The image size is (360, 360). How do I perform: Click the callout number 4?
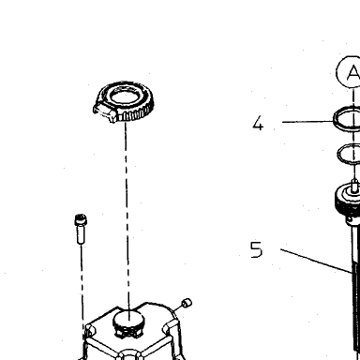(x=258, y=123)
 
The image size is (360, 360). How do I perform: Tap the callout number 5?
(x=256, y=249)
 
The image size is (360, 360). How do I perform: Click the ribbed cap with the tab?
(x=124, y=101)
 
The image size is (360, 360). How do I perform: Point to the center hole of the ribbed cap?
(x=125, y=97)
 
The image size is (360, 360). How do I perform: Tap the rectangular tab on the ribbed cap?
(x=105, y=112)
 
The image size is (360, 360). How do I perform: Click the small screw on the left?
(x=81, y=229)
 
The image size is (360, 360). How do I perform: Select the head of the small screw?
(x=81, y=220)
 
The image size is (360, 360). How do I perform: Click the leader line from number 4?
(x=307, y=122)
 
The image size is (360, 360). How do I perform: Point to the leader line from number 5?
(x=316, y=261)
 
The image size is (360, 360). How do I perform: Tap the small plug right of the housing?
(x=187, y=303)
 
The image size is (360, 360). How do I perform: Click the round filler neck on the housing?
(x=128, y=323)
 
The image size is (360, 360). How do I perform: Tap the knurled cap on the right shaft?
(x=347, y=200)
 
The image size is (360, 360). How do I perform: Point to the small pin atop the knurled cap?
(x=354, y=186)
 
